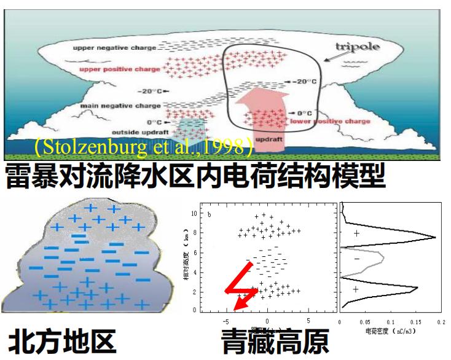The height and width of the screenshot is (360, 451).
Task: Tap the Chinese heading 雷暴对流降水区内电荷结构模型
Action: point(195,176)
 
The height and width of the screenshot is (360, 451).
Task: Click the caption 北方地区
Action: point(62,342)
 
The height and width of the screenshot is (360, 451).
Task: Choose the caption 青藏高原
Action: point(275,342)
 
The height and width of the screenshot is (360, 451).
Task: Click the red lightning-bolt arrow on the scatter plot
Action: point(241,286)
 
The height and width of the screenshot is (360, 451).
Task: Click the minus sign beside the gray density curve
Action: point(356,259)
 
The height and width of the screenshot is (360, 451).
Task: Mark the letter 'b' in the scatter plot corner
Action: point(210,214)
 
